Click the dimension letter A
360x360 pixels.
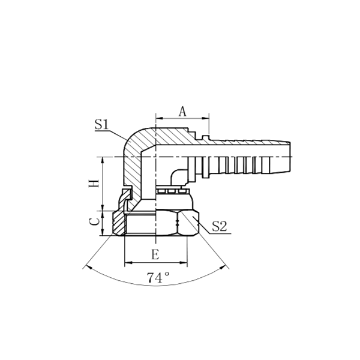tap(184, 110)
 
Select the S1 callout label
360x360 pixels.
tap(101, 125)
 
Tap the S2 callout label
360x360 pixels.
tap(220, 226)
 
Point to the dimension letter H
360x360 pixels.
tap(94, 184)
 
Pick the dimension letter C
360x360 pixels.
tap(94, 221)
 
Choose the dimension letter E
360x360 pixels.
tap(155, 254)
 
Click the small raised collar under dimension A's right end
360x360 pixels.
tap(206, 139)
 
